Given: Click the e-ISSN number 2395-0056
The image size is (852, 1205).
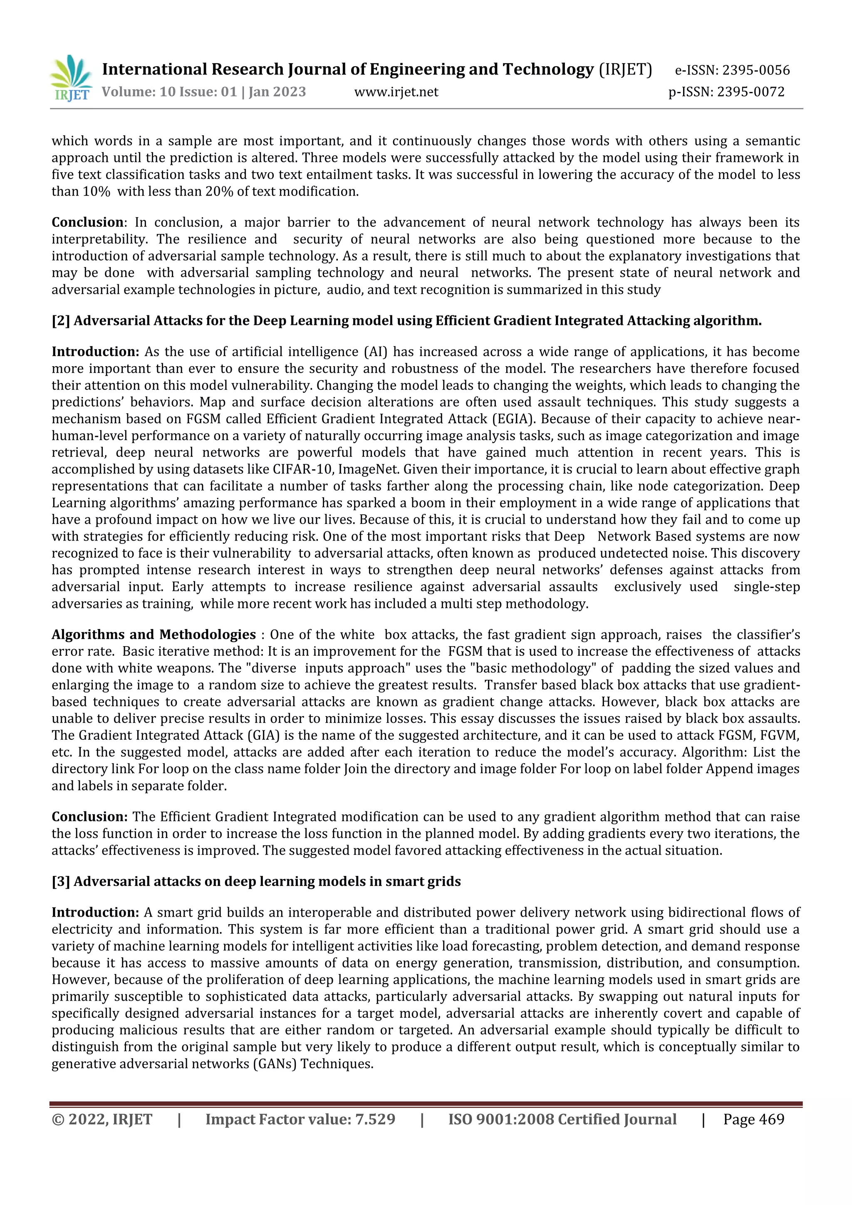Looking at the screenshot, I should point(755,70).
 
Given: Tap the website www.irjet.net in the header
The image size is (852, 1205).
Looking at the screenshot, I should point(396,92).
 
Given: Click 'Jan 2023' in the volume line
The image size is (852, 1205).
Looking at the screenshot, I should point(277,92).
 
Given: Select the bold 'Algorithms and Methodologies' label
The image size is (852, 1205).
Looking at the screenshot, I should point(153,635).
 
